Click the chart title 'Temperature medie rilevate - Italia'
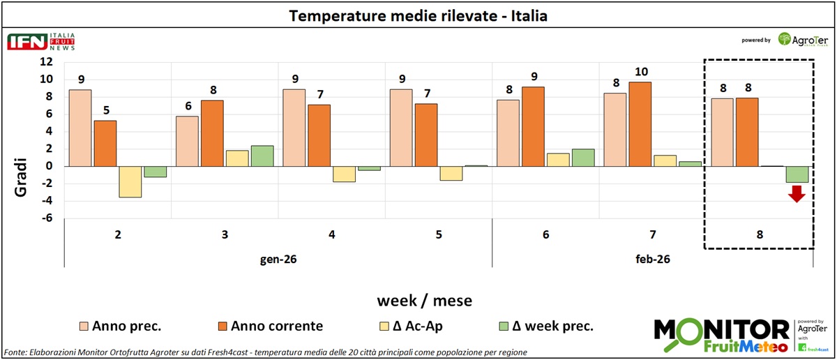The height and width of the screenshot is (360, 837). coord(418,15)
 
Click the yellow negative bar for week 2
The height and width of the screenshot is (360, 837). coord(130,181)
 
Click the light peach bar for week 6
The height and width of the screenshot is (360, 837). coord(507,133)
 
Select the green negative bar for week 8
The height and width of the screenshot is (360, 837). coord(797,174)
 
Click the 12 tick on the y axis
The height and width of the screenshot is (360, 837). coord(46,62)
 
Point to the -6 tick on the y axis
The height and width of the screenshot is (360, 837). coord(46,219)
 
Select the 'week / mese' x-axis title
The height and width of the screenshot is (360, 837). coord(424,301)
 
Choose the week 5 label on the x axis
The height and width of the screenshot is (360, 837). coord(439,235)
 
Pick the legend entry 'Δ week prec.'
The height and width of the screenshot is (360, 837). coord(555,325)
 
